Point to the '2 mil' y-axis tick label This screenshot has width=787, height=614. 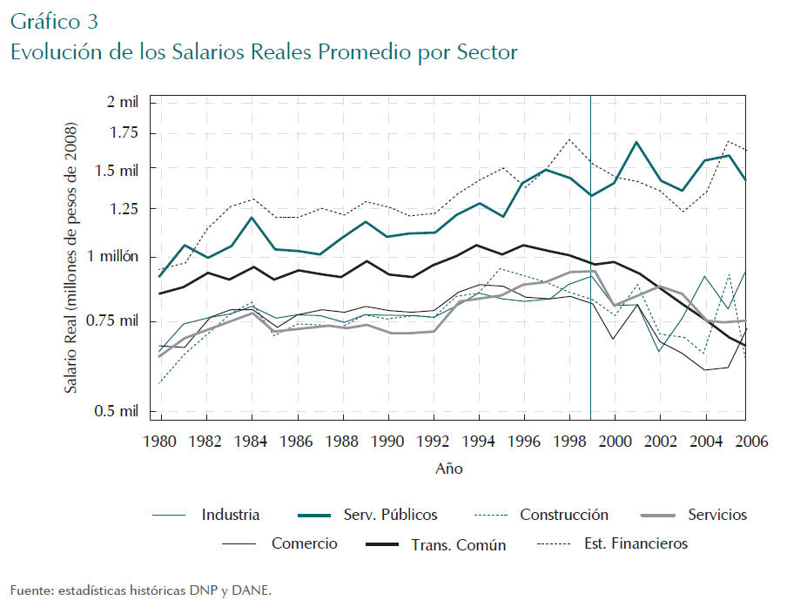click(x=122, y=102)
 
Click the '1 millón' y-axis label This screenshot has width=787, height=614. click(x=115, y=257)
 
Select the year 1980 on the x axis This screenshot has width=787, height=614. click(x=157, y=441)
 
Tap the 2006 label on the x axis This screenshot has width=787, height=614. click(x=751, y=441)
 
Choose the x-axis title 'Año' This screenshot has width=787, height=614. click(x=449, y=469)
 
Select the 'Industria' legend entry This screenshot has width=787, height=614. click(x=231, y=515)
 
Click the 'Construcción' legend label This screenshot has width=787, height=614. click(x=564, y=515)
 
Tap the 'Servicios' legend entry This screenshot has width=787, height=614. click(x=717, y=515)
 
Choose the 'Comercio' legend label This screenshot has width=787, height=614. click(x=304, y=543)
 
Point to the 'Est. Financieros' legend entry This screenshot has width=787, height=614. click(x=636, y=543)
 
